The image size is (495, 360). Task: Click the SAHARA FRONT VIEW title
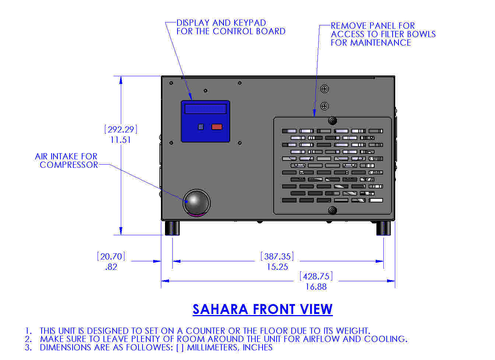pos(262,309)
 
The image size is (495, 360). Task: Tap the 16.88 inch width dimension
pos(316,287)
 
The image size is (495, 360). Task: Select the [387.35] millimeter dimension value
pos(277,257)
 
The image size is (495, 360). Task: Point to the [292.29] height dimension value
pos(121,130)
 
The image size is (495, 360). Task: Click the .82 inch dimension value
pos(111,267)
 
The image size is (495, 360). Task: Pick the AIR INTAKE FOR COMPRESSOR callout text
pos(67,161)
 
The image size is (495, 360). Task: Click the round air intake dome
pos(196,202)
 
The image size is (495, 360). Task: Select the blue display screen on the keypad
pos(205,109)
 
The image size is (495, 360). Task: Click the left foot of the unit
pos(172,228)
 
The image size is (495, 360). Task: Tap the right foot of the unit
pos(383,228)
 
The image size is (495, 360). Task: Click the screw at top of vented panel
pos(332,121)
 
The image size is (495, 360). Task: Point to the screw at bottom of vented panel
pos(332,210)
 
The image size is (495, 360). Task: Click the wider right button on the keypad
pos(217,127)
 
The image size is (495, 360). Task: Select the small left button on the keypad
pos(201,127)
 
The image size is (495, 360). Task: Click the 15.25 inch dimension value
pos(277,267)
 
